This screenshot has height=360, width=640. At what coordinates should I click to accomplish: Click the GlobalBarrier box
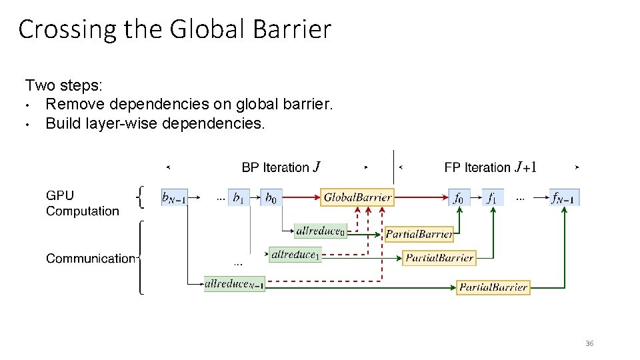pos(357,197)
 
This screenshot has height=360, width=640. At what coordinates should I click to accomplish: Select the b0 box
pos(271,197)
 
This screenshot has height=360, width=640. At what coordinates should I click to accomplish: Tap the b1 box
pos(239,197)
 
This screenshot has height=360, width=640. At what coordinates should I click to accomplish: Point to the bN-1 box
pos(174,197)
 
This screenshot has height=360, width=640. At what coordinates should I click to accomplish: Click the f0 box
pos(459,197)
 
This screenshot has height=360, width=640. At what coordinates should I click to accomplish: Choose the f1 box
pos(492,197)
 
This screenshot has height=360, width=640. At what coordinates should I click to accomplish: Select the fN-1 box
pos(564,197)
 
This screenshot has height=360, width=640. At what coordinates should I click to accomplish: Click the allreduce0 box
pos(321,231)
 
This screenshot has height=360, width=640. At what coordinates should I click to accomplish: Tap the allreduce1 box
pos(295,255)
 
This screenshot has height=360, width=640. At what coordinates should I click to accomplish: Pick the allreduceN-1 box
pos(235,284)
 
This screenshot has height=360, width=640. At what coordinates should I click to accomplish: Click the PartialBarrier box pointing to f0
pos(419,234)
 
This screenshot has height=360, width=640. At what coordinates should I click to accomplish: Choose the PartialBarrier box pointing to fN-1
pos(494,287)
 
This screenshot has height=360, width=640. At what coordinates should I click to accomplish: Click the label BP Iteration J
pos(281,167)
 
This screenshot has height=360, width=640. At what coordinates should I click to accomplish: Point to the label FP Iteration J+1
pos(490,167)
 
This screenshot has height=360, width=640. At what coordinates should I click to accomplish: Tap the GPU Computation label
pos(82,203)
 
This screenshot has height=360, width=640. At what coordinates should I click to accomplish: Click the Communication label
pos(90,258)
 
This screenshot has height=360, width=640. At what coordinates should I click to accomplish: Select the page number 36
pos(589,343)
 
